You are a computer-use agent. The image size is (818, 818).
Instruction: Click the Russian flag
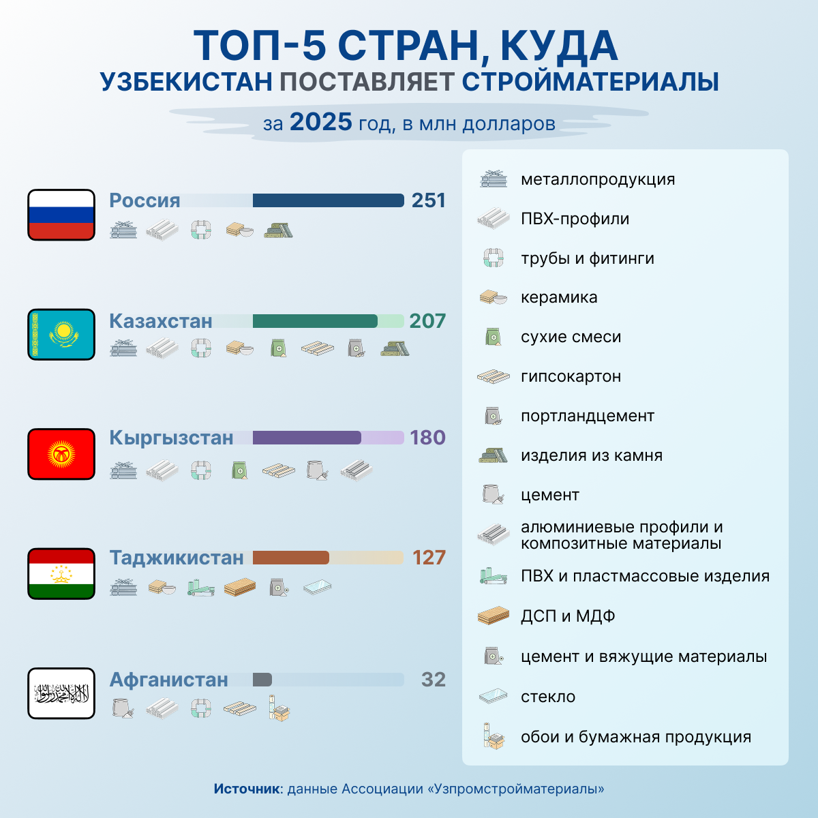click(x=61, y=215)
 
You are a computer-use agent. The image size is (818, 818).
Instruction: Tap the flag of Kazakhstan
click(x=61, y=334)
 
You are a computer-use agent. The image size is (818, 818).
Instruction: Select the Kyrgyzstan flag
click(x=61, y=454)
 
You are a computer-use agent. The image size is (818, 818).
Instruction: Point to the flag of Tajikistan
click(x=61, y=574)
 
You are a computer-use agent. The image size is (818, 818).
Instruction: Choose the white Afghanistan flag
click(x=61, y=693)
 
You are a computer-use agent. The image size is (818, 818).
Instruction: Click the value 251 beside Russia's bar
click(x=428, y=200)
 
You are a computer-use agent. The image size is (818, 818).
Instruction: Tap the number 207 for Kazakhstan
click(x=427, y=321)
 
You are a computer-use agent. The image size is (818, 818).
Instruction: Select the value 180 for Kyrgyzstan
click(x=427, y=438)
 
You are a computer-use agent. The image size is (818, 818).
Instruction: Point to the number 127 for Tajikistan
click(x=429, y=558)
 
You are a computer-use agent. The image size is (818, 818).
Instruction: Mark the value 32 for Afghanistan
click(x=434, y=680)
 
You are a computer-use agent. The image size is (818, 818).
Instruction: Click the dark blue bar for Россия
click(x=328, y=200)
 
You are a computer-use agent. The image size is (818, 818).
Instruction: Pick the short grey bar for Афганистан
click(x=262, y=680)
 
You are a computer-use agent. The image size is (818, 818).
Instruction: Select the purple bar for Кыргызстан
click(x=307, y=438)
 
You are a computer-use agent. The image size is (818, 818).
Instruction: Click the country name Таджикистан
click(x=177, y=558)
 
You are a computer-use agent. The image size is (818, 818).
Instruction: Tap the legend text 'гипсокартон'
click(x=571, y=376)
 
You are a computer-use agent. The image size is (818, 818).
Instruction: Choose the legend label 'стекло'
click(x=548, y=697)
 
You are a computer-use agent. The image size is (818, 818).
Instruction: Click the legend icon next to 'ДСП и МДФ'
click(x=494, y=616)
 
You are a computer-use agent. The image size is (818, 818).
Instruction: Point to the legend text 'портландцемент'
click(x=587, y=416)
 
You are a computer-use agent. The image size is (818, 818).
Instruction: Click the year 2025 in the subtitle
click(x=321, y=123)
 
